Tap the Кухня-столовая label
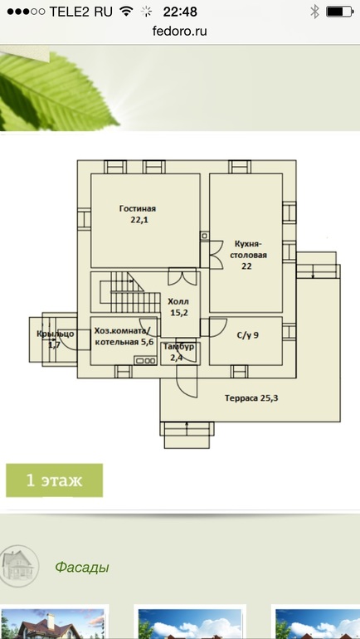(x=248, y=255)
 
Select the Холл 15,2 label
(x=178, y=308)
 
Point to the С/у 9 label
(x=247, y=336)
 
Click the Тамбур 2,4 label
(x=179, y=352)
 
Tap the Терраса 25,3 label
(x=251, y=398)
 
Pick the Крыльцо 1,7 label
(x=55, y=339)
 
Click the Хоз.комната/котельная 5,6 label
(x=124, y=336)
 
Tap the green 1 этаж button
(x=54, y=480)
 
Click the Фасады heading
(x=82, y=567)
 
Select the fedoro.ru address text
(x=180, y=31)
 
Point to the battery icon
(x=339, y=12)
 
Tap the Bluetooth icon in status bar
(x=315, y=12)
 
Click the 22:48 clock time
(x=180, y=12)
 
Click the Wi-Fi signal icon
(x=127, y=12)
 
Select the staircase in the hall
(x=130, y=292)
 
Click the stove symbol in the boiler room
(x=145, y=360)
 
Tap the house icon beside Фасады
(x=19, y=566)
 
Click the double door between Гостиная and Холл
(x=182, y=276)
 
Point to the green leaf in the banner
(x=57, y=91)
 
